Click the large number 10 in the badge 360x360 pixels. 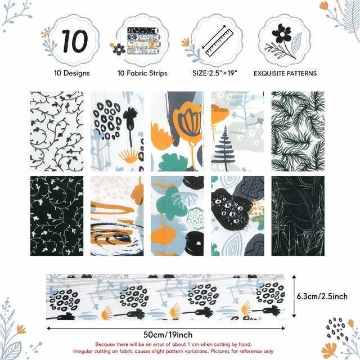[x=75, y=41]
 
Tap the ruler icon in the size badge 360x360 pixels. [x=219, y=43]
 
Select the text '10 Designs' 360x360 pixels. [x=72, y=73]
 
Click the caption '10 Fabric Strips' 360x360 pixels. [x=142, y=73]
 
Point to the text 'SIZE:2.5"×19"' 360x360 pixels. [x=215, y=73]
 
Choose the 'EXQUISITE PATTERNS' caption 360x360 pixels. [x=285, y=74]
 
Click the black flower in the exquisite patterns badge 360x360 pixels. [x=282, y=34]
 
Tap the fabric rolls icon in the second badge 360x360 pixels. [x=143, y=40]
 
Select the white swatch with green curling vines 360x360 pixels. [x=57, y=131]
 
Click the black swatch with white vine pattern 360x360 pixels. [x=57, y=216]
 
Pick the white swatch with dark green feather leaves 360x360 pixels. [x=298, y=131]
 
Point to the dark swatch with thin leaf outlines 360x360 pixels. [x=298, y=216]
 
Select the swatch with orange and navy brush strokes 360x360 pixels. [x=117, y=216]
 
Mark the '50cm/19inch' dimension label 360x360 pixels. [x=168, y=335]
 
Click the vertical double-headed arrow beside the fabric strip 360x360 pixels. [x=294, y=296]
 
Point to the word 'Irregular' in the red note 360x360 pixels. [x=84, y=351]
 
